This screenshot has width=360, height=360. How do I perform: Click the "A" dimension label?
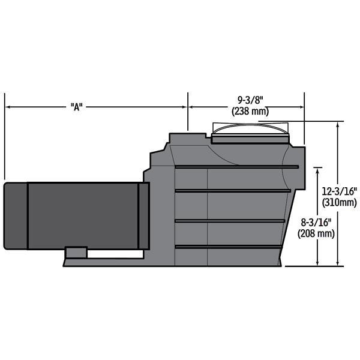click(76, 107)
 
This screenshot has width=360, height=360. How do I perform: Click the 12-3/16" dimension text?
click(340, 191)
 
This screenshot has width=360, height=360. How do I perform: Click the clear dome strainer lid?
click(250, 129)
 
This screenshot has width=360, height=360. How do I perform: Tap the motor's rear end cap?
click(16, 215)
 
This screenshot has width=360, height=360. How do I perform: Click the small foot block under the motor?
click(75, 252)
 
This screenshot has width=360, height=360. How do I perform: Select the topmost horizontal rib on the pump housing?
click(237, 166)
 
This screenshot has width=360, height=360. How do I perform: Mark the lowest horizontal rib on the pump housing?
click(228, 246)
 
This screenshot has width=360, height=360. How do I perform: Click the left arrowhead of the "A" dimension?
click(8, 107)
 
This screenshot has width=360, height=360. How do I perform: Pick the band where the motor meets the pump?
click(143, 215)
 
